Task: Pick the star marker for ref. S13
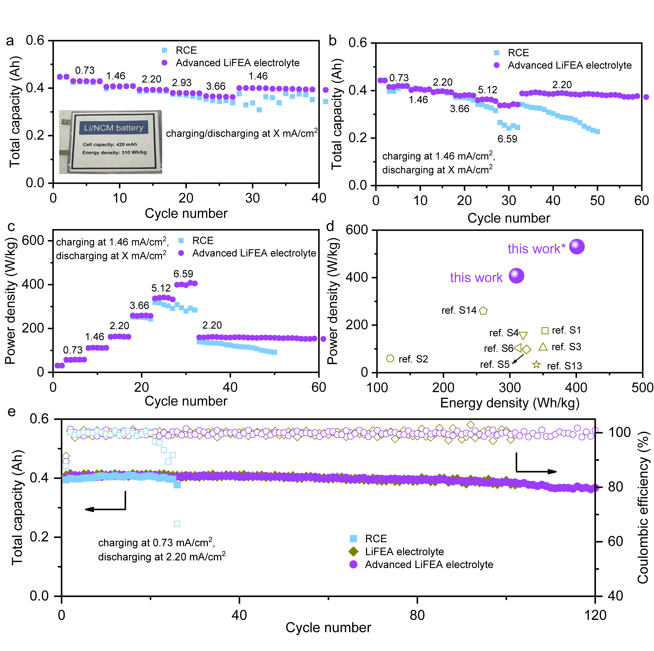click(536, 365)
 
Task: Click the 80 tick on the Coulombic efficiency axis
click(615, 487)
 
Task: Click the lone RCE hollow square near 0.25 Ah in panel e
click(177, 524)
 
